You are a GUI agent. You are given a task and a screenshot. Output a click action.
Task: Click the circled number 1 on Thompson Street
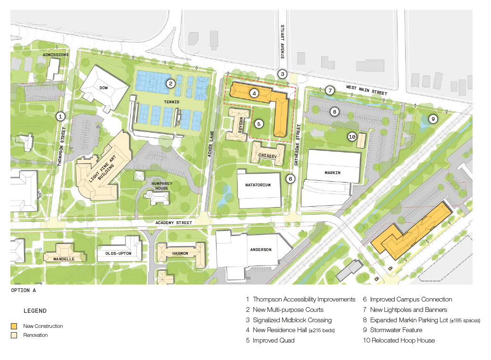pyautogui.click(x=60, y=116)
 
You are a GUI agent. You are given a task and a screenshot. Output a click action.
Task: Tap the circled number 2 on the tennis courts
pyautogui.click(x=171, y=84)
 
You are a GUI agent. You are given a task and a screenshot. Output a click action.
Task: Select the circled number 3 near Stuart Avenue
pyautogui.click(x=282, y=74)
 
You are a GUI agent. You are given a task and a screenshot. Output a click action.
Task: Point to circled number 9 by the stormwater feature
pyautogui.click(x=433, y=119)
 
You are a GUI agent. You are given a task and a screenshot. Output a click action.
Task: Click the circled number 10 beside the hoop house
pyautogui.click(x=351, y=137)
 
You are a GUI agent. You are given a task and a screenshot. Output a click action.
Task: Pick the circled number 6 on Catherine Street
pyautogui.click(x=291, y=179)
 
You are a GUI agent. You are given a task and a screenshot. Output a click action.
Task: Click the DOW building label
pyautogui.click(x=104, y=88)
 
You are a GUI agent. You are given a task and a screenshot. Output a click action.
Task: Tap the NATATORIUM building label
pyautogui.click(x=258, y=185)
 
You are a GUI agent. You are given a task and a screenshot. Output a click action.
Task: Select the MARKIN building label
pyautogui.click(x=333, y=173)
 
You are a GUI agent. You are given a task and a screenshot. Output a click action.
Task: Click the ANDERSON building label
pyautogui.click(x=260, y=250)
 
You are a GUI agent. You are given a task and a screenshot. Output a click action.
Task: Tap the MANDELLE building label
pyautogui.click(x=63, y=259)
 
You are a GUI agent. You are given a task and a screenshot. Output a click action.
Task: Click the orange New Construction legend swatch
pyautogui.click(x=15, y=326)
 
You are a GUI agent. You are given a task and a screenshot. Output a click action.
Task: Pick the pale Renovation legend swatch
pyautogui.click(x=15, y=335)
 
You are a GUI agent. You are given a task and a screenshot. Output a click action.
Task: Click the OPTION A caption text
pyautogui.click(x=24, y=291)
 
